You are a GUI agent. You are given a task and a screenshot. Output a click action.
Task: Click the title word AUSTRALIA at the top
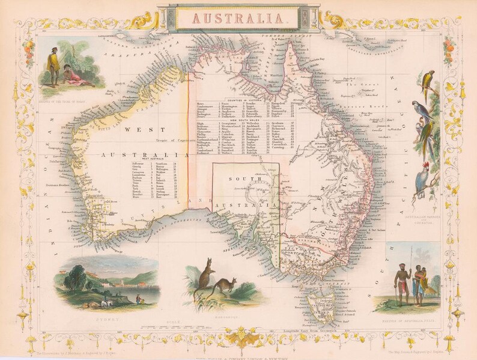coord(239,17)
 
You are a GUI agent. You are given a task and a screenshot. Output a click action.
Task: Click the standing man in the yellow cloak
coord(53,66)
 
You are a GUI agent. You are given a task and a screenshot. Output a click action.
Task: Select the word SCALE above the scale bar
coord(175,321)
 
